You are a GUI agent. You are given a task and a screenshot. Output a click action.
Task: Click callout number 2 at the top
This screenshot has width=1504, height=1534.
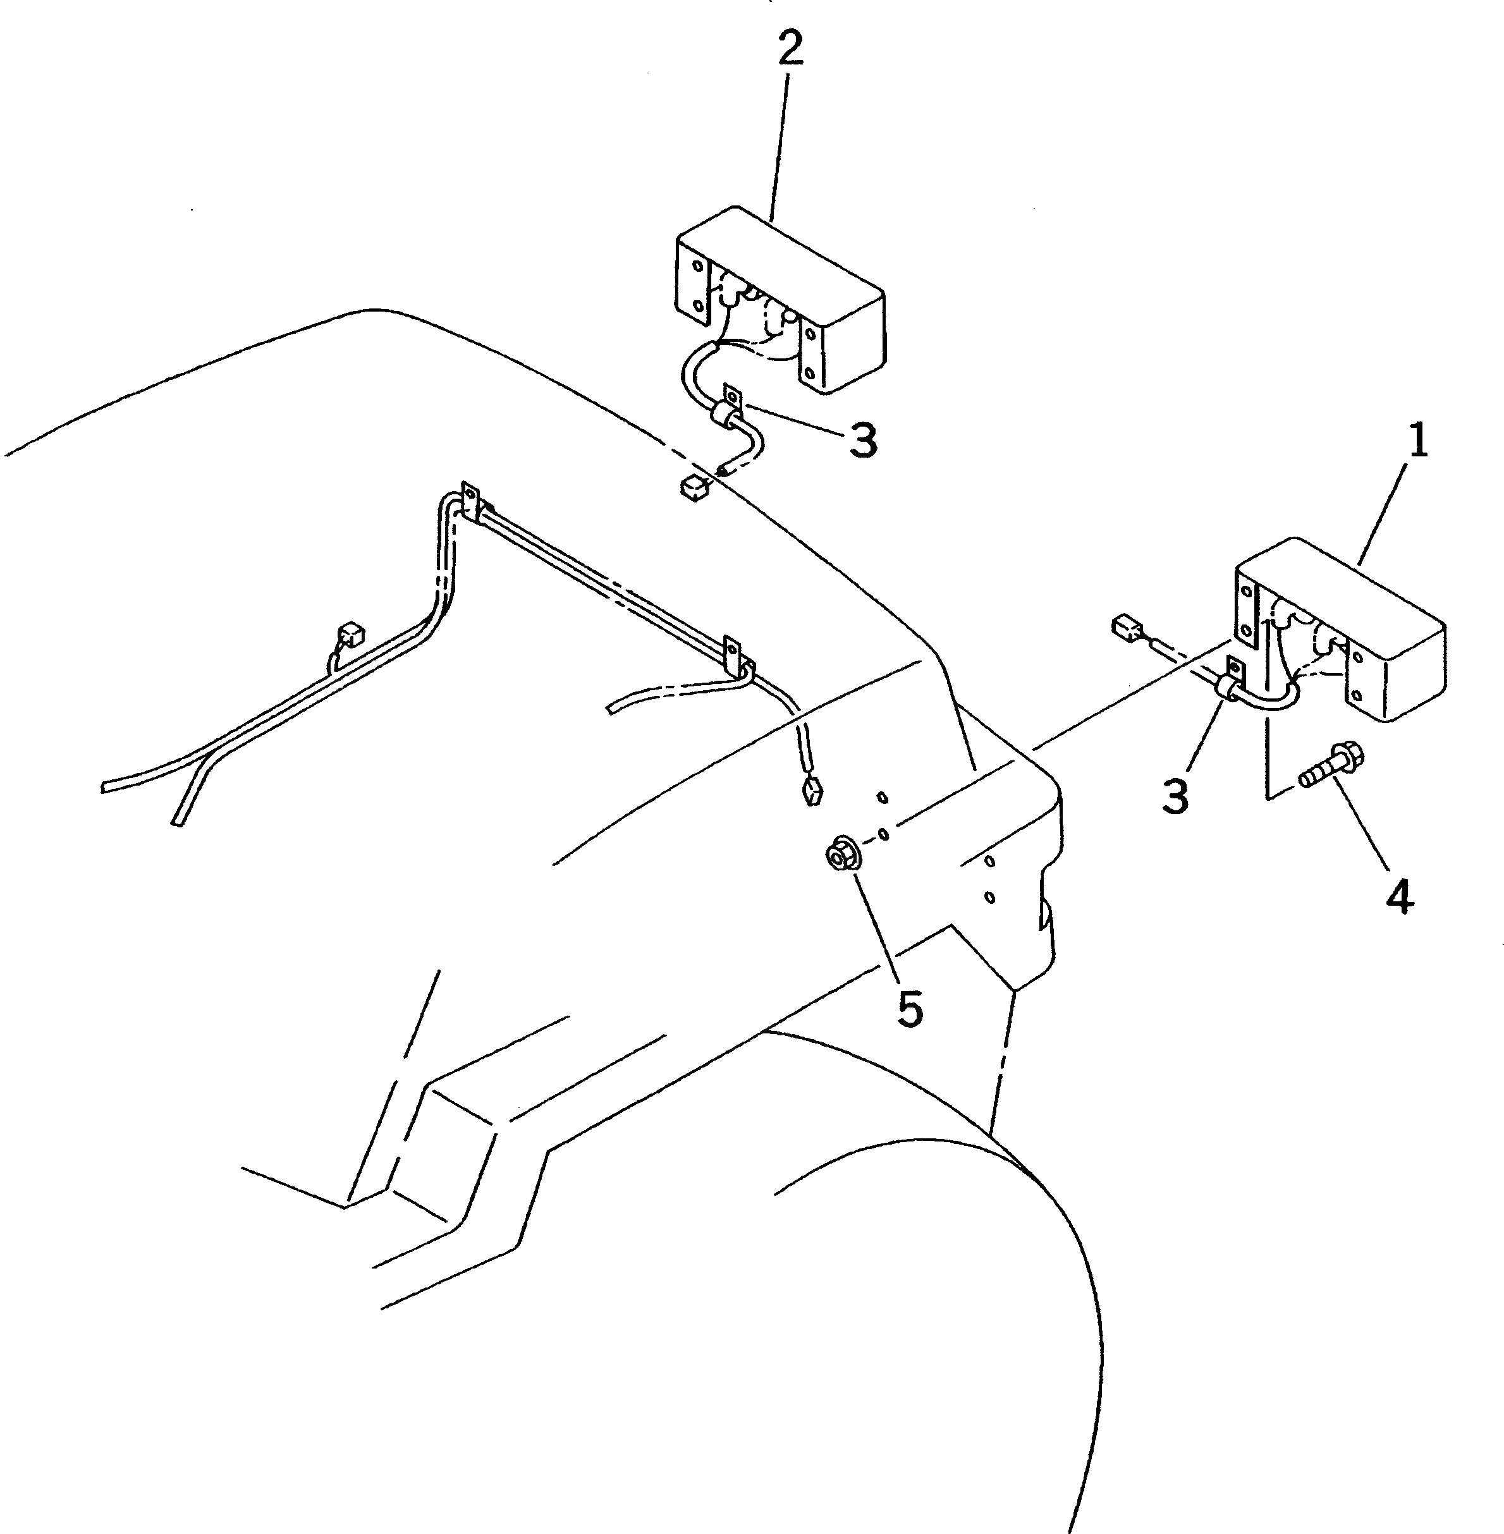coord(789,49)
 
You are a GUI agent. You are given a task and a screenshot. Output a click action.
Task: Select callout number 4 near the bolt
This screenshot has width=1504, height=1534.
coord(1399,898)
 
